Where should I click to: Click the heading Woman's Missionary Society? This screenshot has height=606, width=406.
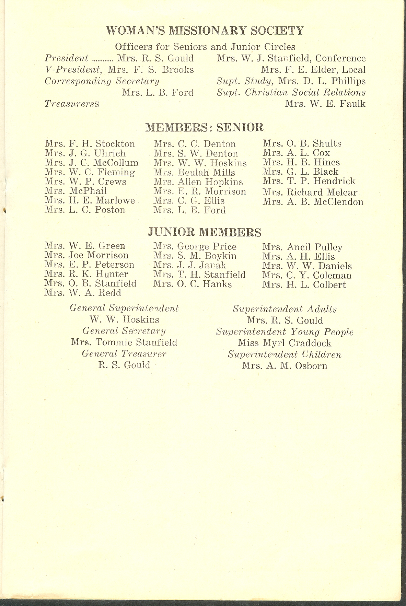(x=205, y=31)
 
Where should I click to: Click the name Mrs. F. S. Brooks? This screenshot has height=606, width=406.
(x=151, y=70)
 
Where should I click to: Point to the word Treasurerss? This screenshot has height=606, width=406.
(x=72, y=104)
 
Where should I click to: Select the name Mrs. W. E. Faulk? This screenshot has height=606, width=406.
(x=325, y=104)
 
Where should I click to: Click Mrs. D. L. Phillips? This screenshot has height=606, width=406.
(x=322, y=81)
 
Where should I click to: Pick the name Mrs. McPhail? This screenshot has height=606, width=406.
(x=76, y=191)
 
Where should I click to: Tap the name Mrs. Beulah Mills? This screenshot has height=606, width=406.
(x=194, y=173)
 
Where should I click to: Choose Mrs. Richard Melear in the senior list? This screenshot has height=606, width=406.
(x=310, y=193)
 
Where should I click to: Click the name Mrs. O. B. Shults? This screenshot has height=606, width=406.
(x=302, y=143)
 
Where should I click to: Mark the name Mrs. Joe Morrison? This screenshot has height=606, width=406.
(x=86, y=255)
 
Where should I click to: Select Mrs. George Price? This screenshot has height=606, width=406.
(x=195, y=246)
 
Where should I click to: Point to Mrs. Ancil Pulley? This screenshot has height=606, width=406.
(x=302, y=247)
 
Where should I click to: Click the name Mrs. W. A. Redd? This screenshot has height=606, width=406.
(x=83, y=293)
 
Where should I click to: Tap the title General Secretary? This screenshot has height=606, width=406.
(x=124, y=331)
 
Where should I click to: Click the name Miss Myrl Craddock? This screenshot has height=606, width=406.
(x=285, y=343)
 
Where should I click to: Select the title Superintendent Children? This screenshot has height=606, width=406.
(x=285, y=354)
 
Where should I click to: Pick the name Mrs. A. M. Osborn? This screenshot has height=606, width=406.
(x=285, y=366)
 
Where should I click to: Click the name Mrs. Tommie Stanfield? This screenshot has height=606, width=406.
(x=124, y=342)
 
